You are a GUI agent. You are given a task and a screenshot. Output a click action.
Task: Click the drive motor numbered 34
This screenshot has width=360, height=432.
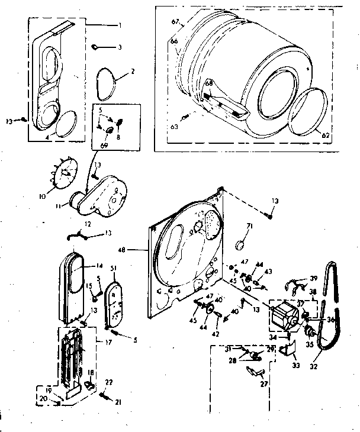pyautogui.click(x=283, y=315)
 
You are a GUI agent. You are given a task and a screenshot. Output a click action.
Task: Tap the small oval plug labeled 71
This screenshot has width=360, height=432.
pyautogui.click(x=240, y=246)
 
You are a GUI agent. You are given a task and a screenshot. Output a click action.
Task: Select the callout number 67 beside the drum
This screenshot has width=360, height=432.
pyautogui.click(x=175, y=22)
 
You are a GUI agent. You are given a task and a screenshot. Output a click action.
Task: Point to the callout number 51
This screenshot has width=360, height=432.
pyautogui.click(x=113, y=269)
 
